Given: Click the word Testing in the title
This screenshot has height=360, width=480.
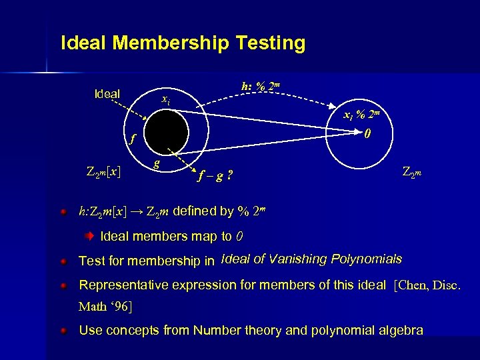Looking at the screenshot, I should pyautogui.click(x=271, y=43).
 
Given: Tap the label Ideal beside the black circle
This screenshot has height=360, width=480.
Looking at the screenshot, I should pyautogui.click(x=107, y=94).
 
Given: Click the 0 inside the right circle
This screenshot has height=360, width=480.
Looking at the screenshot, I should pyautogui.click(x=367, y=133).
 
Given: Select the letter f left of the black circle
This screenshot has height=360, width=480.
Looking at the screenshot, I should pyautogui.click(x=132, y=139).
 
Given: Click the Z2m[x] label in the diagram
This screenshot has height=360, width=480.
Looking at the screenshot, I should pyautogui.click(x=103, y=171).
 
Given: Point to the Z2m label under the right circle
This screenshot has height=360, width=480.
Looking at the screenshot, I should pyautogui.click(x=413, y=172).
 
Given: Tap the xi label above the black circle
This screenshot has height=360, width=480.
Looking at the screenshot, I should pyautogui.click(x=166, y=100).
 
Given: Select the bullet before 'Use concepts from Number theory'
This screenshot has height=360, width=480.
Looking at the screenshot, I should pyautogui.click(x=63, y=330).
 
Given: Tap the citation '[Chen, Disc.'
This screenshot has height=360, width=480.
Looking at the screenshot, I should pyautogui.click(x=427, y=285).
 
